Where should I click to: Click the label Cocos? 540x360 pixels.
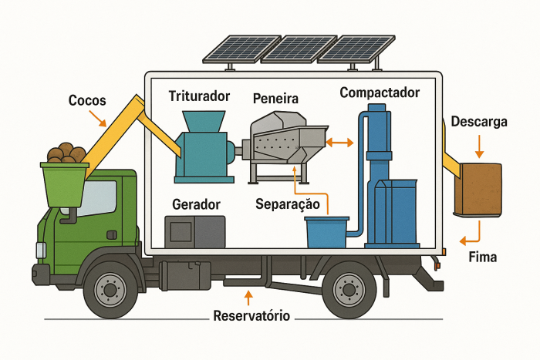click(x=87, y=101)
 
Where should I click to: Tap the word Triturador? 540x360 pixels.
click(x=199, y=96)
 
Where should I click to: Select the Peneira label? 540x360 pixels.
click(x=275, y=99)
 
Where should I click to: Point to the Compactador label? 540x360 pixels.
click(x=380, y=93)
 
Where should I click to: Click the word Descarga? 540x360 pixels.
click(x=479, y=122)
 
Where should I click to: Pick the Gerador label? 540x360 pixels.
click(x=197, y=204)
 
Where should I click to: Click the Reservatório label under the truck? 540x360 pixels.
click(x=249, y=316)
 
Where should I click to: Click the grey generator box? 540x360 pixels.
click(x=195, y=232)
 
